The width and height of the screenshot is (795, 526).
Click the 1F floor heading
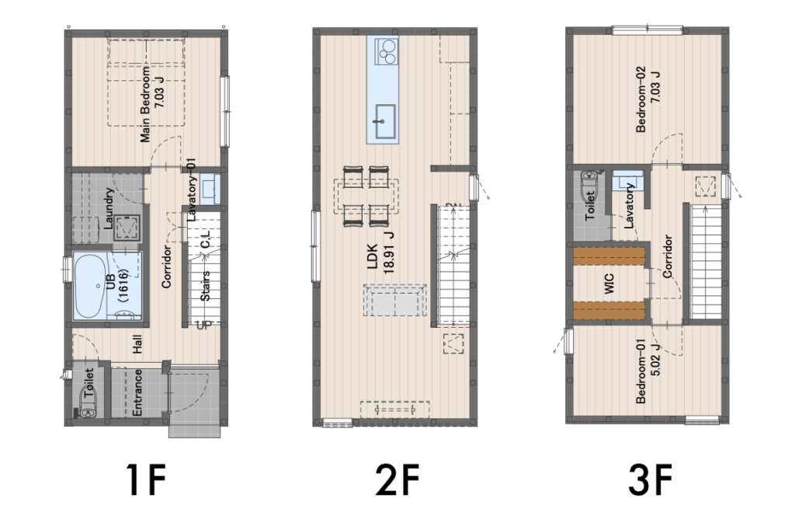click(x=145, y=479)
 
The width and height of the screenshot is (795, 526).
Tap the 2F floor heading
click(x=397, y=479)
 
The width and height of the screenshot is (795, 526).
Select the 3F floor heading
click(x=650, y=479)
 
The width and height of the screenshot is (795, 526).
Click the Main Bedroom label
click(x=145, y=103)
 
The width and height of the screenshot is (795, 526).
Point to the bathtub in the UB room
click(x=90, y=287)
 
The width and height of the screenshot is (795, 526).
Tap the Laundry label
click(x=109, y=208)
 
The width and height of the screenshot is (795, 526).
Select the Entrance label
click(x=137, y=392)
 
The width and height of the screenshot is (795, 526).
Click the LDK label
click(x=373, y=256)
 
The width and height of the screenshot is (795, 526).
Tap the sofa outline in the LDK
click(x=395, y=300)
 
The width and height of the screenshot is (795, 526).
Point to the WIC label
click(x=609, y=284)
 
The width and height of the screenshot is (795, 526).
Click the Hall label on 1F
click(x=137, y=344)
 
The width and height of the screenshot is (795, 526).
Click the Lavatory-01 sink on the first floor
click(x=210, y=189)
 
